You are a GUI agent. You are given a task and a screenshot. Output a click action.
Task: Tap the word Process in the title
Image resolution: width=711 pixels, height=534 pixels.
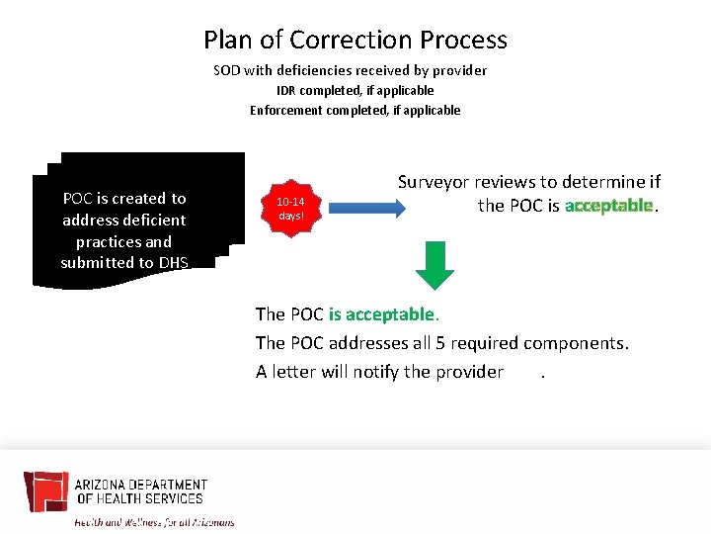[x=463, y=40]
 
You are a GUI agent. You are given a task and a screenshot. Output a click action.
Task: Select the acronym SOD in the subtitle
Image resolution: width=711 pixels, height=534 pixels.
[x=228, y=70]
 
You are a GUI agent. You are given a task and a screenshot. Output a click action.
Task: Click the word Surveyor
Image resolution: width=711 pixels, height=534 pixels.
[x=434, y=182]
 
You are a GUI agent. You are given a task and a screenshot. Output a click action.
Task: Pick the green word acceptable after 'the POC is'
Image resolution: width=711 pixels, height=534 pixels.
[x=609, y=206]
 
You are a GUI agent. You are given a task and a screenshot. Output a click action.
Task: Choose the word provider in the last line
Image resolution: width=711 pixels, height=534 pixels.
[x=466, y=372]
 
